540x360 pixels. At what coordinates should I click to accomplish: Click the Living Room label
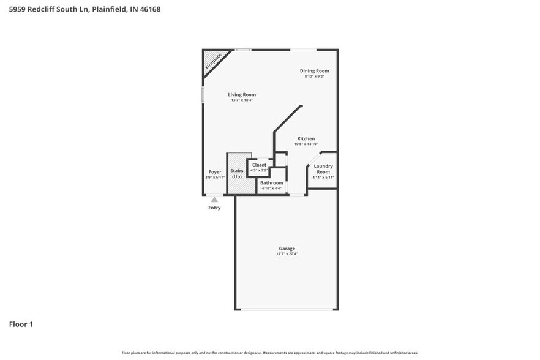(242, 95)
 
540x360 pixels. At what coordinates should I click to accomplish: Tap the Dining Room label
(314, 71)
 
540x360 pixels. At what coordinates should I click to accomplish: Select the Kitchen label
(306, 139)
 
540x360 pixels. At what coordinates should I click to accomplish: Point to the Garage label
(287, 249)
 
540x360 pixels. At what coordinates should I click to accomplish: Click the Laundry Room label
(323, 169)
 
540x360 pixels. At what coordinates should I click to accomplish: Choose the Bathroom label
(271, 183)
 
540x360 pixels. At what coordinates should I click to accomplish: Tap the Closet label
(259, 165)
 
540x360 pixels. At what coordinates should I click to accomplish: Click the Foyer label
(215, 172)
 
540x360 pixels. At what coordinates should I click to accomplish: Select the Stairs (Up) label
(237, 173)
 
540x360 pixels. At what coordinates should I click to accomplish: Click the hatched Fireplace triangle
(211, 61)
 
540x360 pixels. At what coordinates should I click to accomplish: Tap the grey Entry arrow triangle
(214, 200)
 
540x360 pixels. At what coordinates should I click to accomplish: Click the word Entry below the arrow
(214, 208)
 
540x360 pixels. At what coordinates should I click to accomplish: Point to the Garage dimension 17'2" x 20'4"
(287, 254)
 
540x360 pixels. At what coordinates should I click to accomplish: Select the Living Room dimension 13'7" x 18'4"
(242, 100)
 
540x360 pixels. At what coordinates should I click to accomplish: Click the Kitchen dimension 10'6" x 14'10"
(306, 144)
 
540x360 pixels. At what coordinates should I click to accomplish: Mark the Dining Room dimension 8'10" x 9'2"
(314, 77)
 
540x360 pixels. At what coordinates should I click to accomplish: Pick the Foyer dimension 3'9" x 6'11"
(215, 178)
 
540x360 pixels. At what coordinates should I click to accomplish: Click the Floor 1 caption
(21, 324)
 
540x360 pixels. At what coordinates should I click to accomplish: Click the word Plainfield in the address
(110, 9)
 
